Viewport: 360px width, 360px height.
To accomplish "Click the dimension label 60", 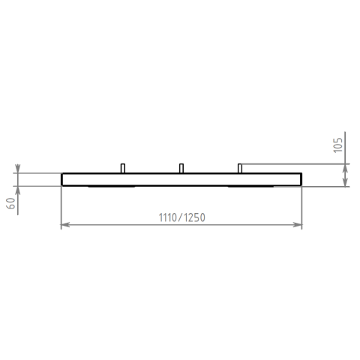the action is pos(11,203).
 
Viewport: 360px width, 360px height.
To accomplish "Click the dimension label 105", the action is pos(338,145).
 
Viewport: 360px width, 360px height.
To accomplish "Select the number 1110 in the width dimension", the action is pos(168,217).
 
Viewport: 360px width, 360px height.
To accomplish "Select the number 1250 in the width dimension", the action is pos(195,217).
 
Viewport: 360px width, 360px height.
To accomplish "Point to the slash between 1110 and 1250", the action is pos(181,217).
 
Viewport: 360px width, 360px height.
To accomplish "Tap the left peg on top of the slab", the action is pos(123,168).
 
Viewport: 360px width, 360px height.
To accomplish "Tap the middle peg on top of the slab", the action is pos(181,168).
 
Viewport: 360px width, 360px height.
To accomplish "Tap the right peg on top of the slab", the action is pos(240,168).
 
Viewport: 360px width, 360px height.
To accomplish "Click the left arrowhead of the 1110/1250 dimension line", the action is pos(65,225).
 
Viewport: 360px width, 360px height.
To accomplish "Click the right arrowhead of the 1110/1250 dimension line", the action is pos(298,225).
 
